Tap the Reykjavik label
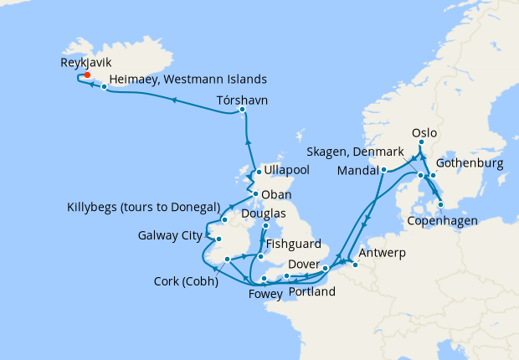tap(90, 62)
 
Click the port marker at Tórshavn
tap(242, 110)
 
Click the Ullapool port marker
tap(258, 172)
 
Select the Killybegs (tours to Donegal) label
tap(142, 207)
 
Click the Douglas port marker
tap(265, 225)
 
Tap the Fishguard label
tap(293, 245)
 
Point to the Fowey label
tap(265, 294)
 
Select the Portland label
tap(311, 292)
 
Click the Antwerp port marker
tap(355, 265)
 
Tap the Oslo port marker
tap(421, 143)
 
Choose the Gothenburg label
tap(471, 164)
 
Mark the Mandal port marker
tap(383, 171)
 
